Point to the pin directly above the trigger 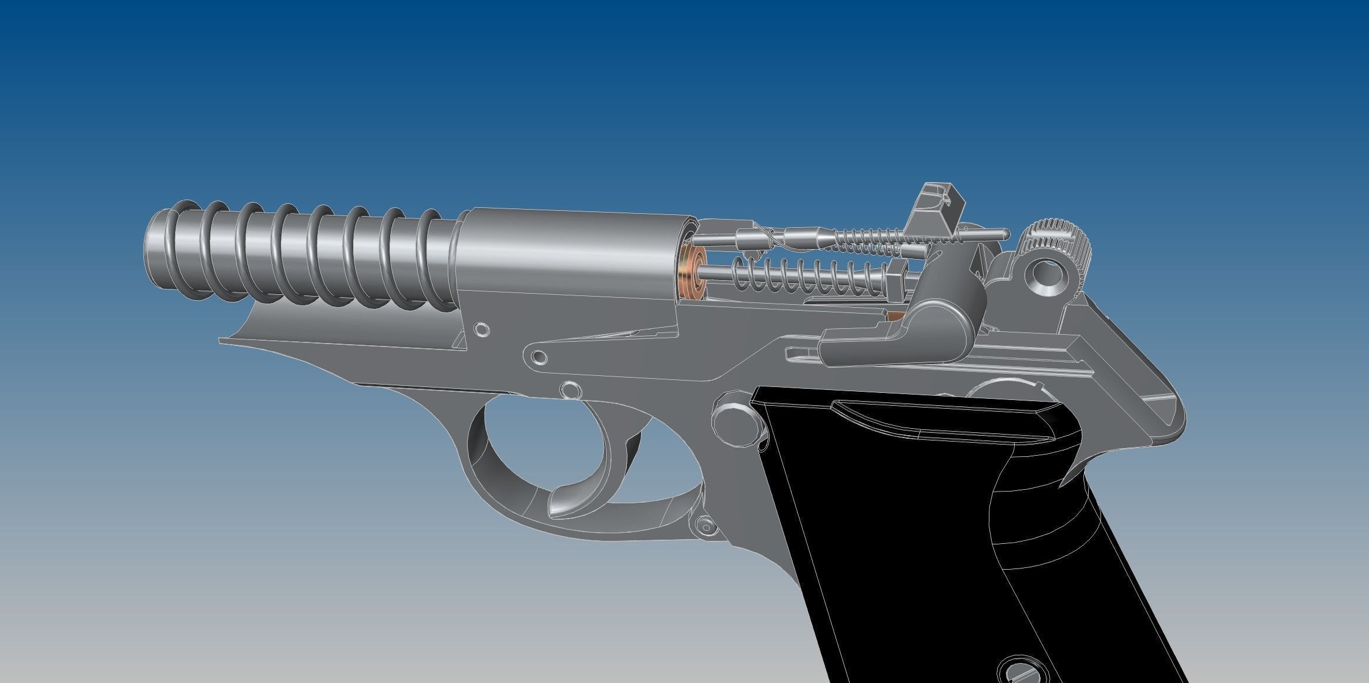(x=569, y=389)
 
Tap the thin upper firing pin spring (x=870, y=239)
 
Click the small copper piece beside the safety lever (x=895, y=317)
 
